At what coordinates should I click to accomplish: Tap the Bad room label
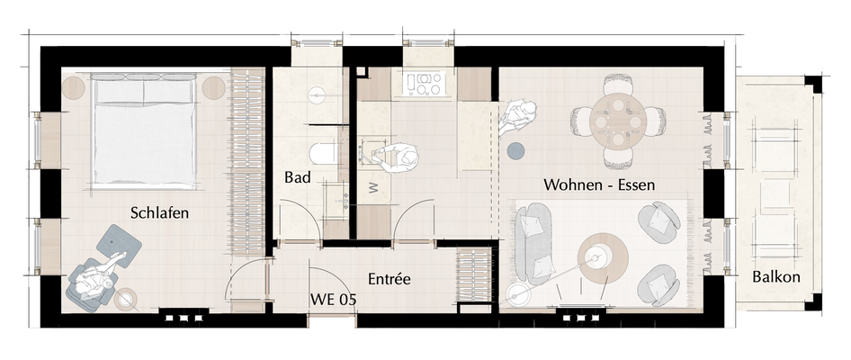coord(298,177)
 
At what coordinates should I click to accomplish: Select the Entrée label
coord(389,279)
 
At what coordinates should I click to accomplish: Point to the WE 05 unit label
coord(334,300)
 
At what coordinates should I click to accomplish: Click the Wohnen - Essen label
coord(598,184)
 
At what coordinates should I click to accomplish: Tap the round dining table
coord(620,120)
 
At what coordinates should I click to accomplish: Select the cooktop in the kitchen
coord(425,85)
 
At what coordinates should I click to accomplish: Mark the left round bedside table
coord(73,87)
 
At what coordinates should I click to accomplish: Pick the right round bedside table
coord(213,87)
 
